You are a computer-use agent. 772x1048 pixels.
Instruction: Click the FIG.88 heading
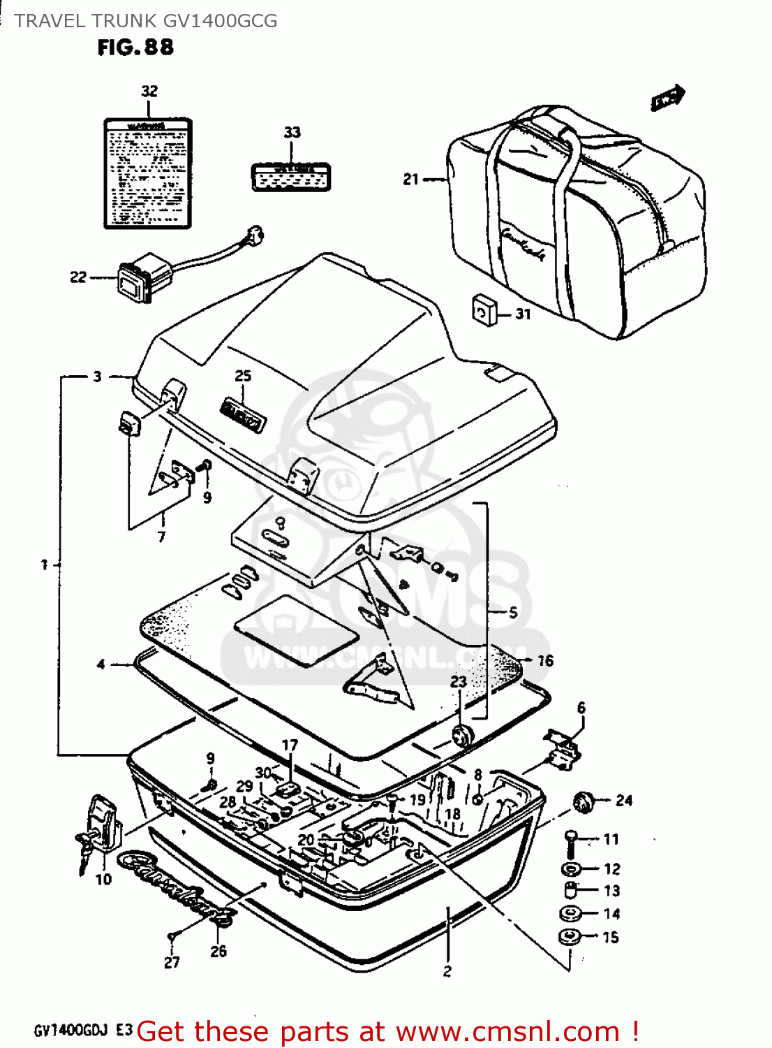point(135,48)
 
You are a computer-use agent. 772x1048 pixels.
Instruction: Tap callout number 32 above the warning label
point(149,92)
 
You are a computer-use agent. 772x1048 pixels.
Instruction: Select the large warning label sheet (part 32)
point(147,173)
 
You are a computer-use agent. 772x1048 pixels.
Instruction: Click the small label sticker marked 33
point(290,177)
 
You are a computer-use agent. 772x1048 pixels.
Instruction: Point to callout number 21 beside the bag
point(410,180)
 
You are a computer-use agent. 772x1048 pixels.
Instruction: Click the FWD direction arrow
point(668,98)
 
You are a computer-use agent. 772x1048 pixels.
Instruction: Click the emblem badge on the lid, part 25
point(244,414)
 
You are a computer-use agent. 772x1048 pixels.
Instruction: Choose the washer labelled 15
point(570,937)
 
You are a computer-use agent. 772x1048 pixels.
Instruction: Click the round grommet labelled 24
point(582,801)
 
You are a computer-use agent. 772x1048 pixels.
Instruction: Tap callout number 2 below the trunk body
point(447,970)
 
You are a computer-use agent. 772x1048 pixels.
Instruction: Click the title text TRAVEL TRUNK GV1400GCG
point(146,21)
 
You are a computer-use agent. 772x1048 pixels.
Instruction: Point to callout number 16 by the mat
point(545,660)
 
